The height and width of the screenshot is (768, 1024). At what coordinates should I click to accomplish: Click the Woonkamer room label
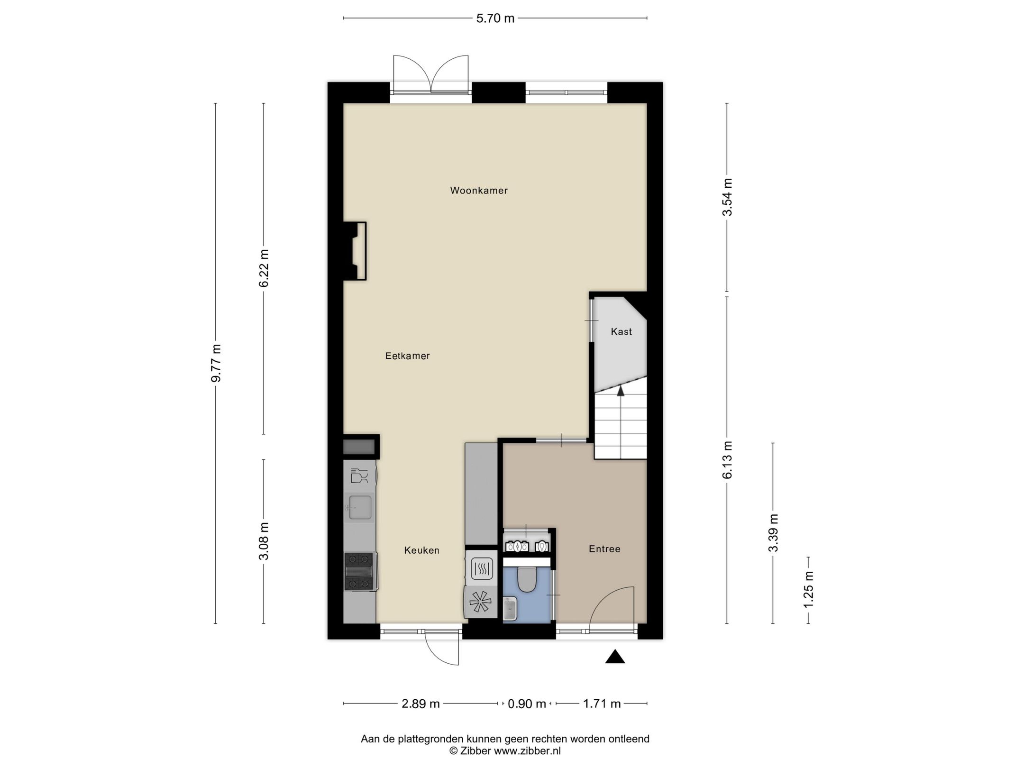[479, 191]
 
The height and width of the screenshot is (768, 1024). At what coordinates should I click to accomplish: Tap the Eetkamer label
[407, 356]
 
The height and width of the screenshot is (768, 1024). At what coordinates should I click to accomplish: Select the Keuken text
[421, 550]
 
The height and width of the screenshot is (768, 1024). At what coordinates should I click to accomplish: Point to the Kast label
[621, 332]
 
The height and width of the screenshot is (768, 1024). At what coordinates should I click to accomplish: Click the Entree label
[604, 549]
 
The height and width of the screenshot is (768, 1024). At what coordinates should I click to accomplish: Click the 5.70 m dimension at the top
[495, 18]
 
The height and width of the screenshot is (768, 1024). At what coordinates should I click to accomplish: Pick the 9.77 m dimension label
[216, 363]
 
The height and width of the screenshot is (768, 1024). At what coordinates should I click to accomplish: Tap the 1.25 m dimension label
[808, 589]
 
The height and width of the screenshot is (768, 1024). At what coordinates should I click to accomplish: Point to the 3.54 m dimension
[727, 197]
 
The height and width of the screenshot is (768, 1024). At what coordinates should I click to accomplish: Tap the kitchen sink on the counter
[360, 508]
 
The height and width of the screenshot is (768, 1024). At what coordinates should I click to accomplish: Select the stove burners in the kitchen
[359, 572]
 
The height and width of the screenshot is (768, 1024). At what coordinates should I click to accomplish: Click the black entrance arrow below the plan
[615, 657]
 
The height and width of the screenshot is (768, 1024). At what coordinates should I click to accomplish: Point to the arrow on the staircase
[620, 390]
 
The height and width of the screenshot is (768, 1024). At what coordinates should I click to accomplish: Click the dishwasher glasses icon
[359, 475]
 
